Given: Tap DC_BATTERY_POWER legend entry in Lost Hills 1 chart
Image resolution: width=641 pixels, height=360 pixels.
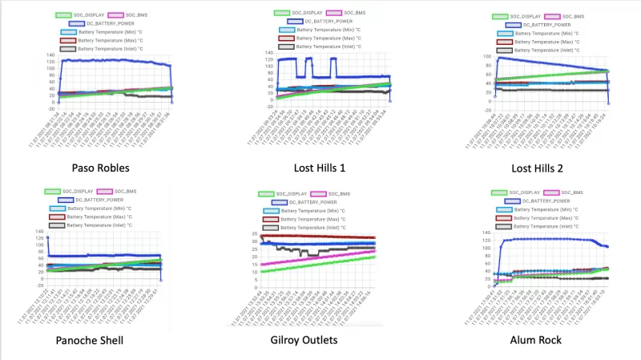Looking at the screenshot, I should [x=323, y=22].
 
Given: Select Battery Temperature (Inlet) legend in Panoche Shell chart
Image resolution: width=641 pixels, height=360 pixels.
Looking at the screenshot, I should [x=98, y=226].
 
